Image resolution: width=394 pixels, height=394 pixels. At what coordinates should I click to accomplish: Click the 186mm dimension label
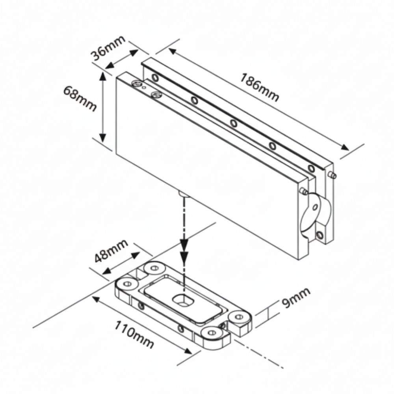click(259, 87)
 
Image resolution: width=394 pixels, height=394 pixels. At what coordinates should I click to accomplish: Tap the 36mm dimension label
click(108, 48)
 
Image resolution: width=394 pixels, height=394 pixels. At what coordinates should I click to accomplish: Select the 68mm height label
click(80, 98)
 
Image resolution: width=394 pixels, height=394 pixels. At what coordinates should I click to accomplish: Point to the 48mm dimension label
click(112, 251)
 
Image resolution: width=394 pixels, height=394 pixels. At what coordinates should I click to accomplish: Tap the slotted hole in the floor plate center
click(183, 300)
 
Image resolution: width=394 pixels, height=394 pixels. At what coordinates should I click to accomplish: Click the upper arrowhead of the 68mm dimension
click(102, 78)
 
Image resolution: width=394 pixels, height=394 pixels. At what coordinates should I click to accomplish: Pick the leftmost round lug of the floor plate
click(127, 284)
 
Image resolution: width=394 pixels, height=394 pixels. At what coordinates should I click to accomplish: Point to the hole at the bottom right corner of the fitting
click(320, 235)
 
